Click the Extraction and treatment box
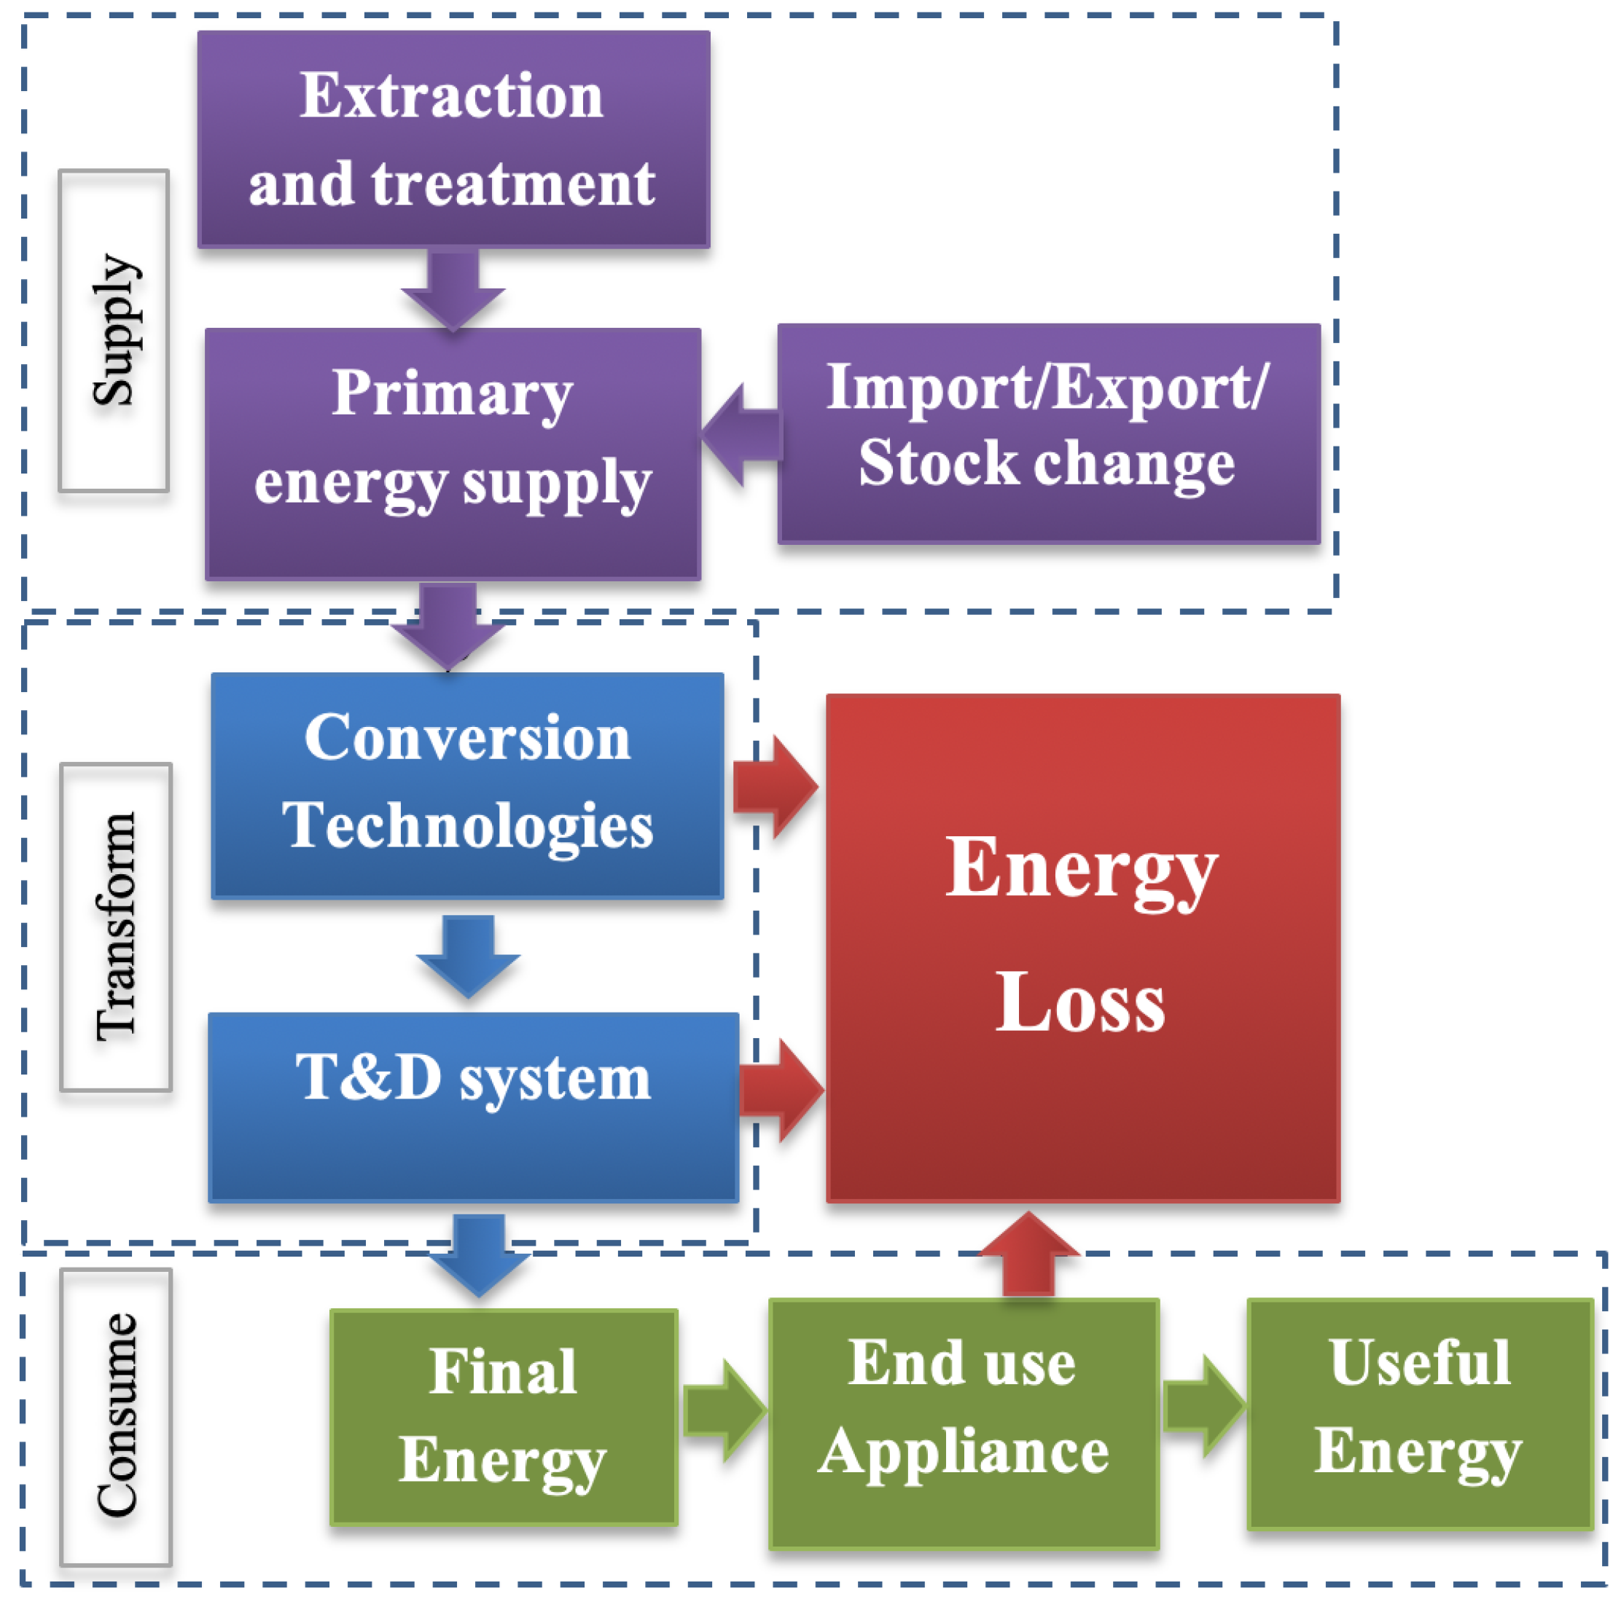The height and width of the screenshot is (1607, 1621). coord(453,139)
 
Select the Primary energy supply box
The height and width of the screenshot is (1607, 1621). coord(453,454)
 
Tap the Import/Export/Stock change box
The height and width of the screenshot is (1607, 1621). coord(1048,433)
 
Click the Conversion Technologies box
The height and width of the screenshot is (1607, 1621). coord(467,785)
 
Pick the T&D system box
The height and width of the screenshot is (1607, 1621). coord(473,1107)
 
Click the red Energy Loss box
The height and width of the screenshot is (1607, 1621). coord(1082,948)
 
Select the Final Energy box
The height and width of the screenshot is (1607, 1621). coord(504,1417)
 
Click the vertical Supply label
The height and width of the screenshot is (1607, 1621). coord(114,331)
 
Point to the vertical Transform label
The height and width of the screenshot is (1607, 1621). coord(116,927)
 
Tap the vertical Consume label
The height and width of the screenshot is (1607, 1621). coord(116,1417)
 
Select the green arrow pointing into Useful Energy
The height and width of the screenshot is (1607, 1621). coord(1204,1406)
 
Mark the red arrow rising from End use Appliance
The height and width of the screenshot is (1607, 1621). coord(1028,1254)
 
